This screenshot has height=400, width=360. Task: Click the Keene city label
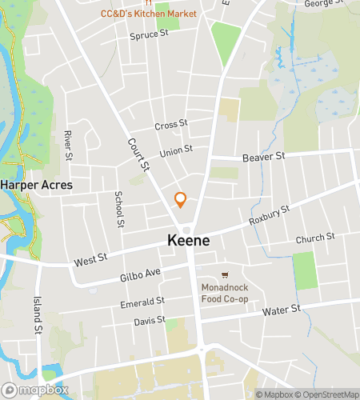190,239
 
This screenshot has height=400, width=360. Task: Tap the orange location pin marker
181,199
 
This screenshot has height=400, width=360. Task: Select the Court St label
138,154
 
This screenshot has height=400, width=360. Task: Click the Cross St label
170,125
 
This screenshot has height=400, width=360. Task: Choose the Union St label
176,150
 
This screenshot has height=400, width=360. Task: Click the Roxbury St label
268,216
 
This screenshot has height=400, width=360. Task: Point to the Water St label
283,308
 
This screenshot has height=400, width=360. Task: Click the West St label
90,261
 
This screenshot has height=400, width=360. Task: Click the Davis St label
150,320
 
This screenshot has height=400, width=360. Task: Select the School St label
119,209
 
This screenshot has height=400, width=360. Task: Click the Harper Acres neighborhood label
36,185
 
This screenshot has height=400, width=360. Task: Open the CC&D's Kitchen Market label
149,14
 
